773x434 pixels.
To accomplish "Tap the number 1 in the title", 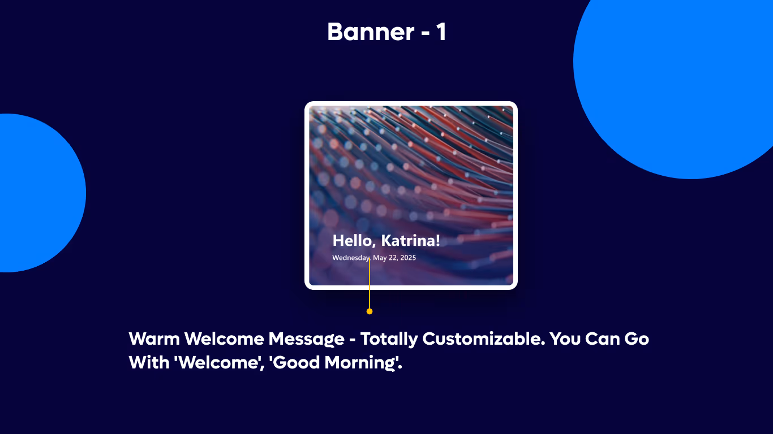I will point(441,32).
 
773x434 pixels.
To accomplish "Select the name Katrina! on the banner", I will point(410,241).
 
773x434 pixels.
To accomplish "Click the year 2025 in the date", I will point(407,258).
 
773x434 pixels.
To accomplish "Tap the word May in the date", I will point(380,258).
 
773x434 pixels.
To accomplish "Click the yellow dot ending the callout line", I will point(370,311).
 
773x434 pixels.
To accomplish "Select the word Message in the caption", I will point(306,339).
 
